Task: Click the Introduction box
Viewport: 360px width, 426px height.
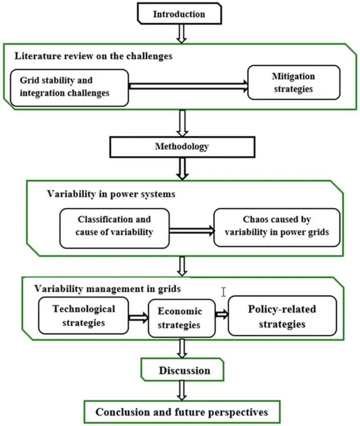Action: pos(179,14)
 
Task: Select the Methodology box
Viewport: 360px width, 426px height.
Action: pos(182,147)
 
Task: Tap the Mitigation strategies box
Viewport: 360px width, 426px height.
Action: pos(294,82)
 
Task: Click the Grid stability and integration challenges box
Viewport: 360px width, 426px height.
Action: pos(69,88)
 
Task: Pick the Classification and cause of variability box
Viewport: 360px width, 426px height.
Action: pos(114,228)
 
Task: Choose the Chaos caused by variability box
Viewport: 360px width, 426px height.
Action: pos(277,228)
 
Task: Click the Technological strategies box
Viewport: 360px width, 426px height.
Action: pos(83,315)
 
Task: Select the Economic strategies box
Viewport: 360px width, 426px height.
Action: pos(182,318)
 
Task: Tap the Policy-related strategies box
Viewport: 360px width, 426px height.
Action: pos(282,316)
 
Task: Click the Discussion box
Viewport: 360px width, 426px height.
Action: pos(182,369)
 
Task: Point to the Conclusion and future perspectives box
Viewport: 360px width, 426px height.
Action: pos(182,411)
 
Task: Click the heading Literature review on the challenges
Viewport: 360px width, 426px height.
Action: pos(93,56)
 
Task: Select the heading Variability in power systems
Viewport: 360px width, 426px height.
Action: pos(111,194)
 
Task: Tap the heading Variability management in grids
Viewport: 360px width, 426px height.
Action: pos(107,289)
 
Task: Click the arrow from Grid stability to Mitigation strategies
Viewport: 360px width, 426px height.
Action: pos(189,86)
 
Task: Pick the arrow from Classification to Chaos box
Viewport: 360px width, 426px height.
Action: pos(192,231)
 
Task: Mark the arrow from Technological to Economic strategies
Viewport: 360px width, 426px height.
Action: pos(139,317)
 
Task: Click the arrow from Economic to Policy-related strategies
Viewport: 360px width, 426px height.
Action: pos(222,315)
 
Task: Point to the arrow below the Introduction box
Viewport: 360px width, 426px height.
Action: pos(181,34)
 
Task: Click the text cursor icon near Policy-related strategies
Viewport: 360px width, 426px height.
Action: pos(223,292)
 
